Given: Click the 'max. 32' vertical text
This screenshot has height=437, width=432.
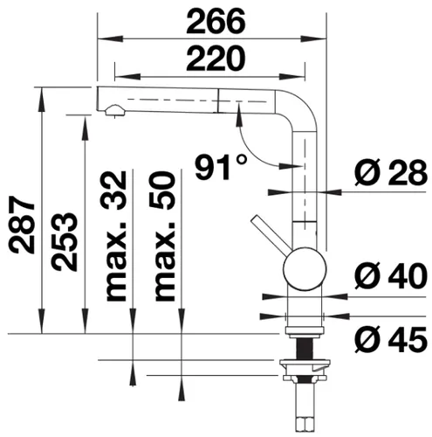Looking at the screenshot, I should (116, 236).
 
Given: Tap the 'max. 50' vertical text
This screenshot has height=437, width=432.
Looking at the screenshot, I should (163, 236).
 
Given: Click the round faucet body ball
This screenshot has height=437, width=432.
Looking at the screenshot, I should (302, 263).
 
